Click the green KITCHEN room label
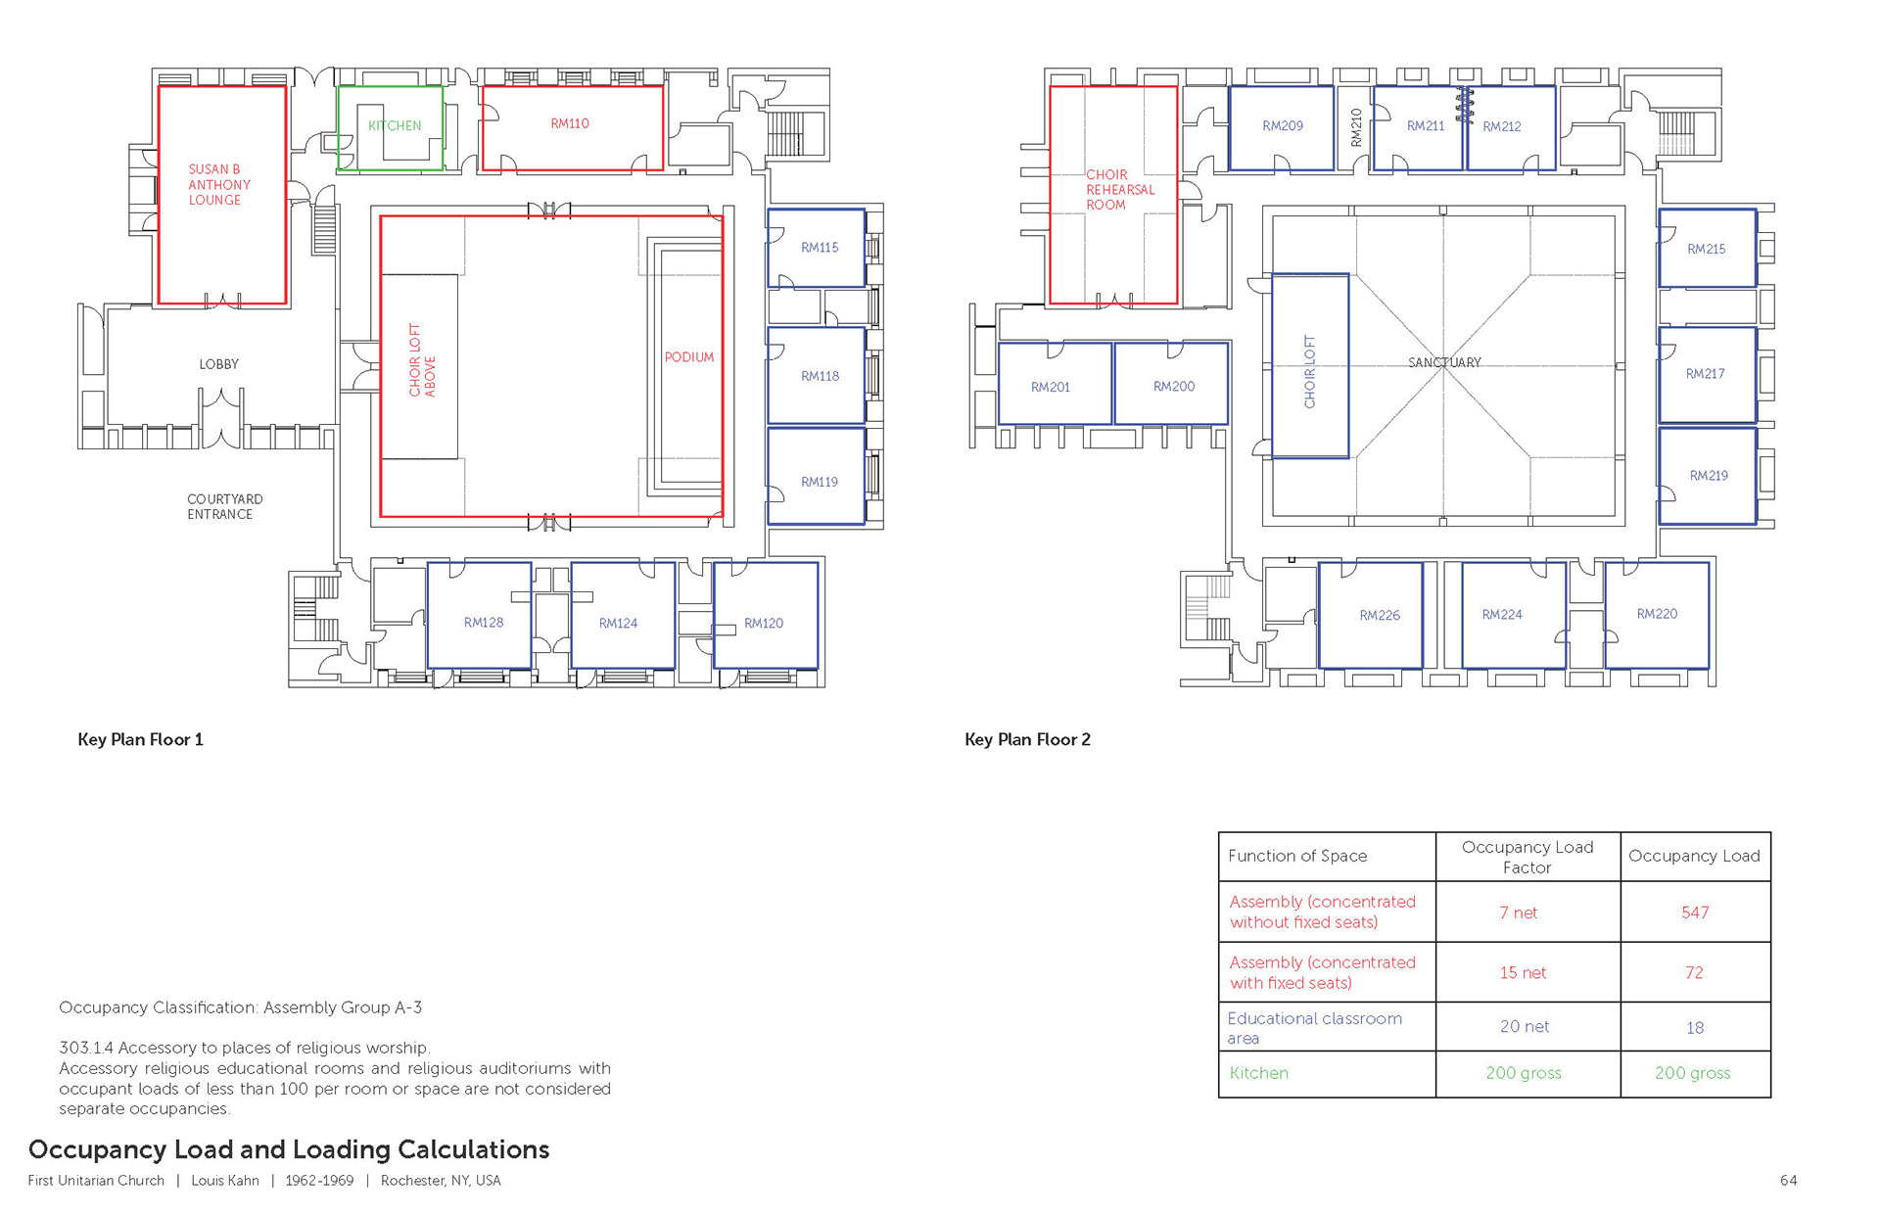tap(395, 125)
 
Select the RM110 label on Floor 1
tap(570, 123)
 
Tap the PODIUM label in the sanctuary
tap(689, 357)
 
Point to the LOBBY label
tap(219, 364)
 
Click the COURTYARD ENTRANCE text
tap(224, 506)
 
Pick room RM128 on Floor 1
tap(484, 623)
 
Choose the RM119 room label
tap(820, 482)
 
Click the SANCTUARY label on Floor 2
tap(1444, 362)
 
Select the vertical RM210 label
tap(1356, 128)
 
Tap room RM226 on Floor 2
tap(1380, 615)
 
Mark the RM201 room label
tap(1051, 388)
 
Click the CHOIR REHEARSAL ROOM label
tap(1120, 190)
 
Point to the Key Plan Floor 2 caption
tap(1027, 739)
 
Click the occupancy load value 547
tap(1695, 912)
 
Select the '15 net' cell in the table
tap(1523, 972)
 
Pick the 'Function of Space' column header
tap(1297, 856)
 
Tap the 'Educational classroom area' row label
tap(1314, 1028)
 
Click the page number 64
tap(1788, 1181)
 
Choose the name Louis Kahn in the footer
tap(225, 1181)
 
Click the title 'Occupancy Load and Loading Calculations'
tap(289, 1149)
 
